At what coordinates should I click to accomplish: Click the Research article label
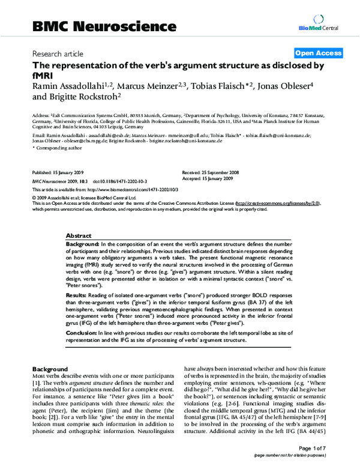[x=58, y=53]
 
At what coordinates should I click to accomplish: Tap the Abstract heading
[x=78, y=237]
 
